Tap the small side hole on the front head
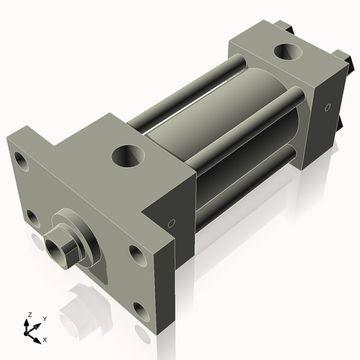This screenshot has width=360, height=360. (x=171, y=224)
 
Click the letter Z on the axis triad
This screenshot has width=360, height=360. (x=30, y=315)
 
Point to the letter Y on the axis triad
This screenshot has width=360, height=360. (x=45, y=318)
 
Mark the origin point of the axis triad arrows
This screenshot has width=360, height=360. (x=30, y=331)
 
